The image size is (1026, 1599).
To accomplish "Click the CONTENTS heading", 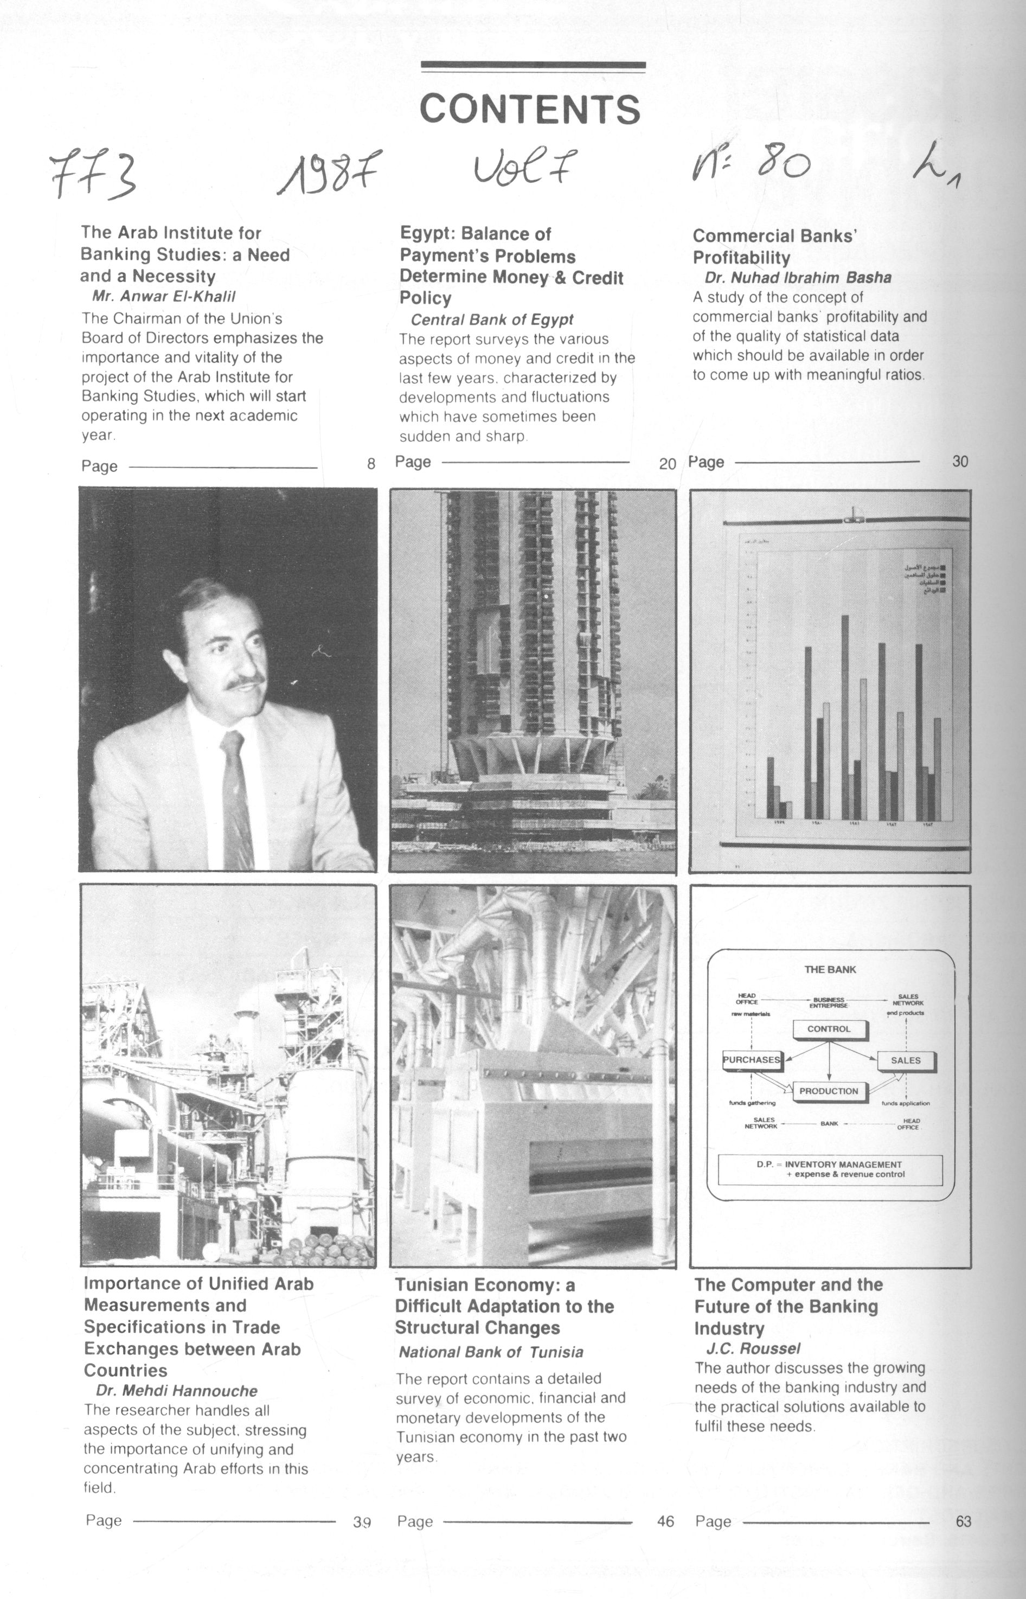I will click(x=530, y=108).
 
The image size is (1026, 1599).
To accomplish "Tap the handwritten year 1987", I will click(x=330, y=172).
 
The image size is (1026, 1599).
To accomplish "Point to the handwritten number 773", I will click(x=93, y=175).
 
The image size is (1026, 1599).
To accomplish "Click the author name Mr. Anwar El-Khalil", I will click(x=164, y=297).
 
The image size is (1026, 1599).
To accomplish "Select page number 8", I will click(x=371, y=464).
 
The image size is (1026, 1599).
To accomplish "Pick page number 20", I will click(x=667, y=464).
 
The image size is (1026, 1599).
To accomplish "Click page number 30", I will click(x=960, y=461).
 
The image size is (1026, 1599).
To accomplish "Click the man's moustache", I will click(x=244, y=682).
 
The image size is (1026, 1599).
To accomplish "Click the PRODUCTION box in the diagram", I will click(x=829, y=1091).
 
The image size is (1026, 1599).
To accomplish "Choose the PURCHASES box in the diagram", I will click(x=752, y=1059).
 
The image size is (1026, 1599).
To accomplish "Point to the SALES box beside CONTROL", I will click(x=906, y=1060).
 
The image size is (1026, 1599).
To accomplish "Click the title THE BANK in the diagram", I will click(x=830, y=969).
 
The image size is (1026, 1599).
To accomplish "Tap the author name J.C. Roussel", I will click(x=753, y=1348).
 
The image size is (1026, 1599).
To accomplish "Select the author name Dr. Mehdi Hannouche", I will click(x=177, y=1391).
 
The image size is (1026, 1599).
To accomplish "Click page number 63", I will click(x=963, y=1521).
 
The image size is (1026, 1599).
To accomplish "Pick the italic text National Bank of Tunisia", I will click(x=491, y=1352).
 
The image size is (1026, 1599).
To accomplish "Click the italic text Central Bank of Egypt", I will click(x=492, y=320).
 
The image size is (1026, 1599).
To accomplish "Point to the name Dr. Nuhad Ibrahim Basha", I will click(x=798, y=278).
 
